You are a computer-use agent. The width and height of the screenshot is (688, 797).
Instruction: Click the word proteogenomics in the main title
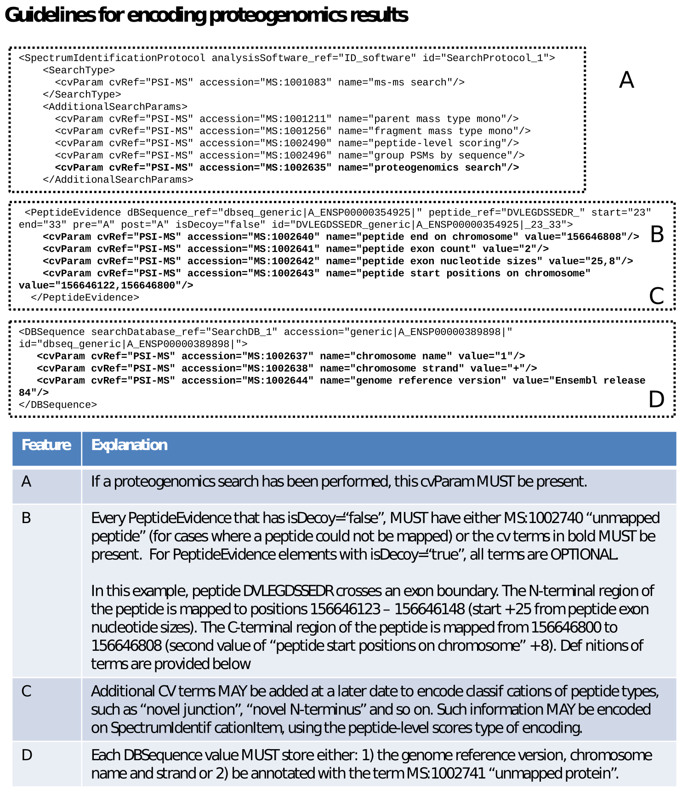click(x=277, y=15)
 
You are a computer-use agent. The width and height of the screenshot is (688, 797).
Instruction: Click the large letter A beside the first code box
click(x=626, y=80)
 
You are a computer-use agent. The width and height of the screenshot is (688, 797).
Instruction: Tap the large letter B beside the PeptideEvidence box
click(x=657, y=234)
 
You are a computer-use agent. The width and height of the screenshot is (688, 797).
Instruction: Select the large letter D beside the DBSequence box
click(x=656, y=399)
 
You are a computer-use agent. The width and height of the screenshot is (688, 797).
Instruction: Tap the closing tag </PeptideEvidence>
click(x=85, y=297)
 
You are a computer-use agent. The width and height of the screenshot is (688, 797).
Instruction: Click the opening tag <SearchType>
click(x=79, y=70)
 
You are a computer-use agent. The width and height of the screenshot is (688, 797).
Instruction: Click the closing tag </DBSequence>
click(x=58, y=405)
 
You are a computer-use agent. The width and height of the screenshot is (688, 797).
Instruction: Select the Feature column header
click(x=46, y=445)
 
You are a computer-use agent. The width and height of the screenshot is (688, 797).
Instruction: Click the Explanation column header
click(x=129, y=445)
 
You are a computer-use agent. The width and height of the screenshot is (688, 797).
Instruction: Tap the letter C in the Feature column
click(x=27, y=691)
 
